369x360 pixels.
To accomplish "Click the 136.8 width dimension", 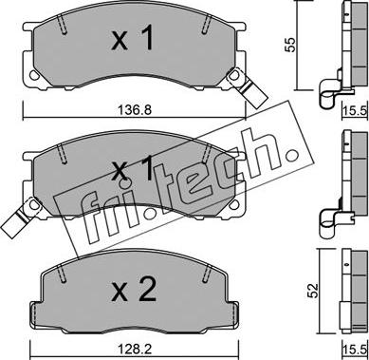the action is [135, 110].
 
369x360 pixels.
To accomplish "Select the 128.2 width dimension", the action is [135, 350].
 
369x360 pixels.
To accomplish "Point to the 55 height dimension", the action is [289, 45].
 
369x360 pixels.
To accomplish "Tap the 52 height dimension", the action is [314, 292].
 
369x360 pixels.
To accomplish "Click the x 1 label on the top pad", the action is [133, 38].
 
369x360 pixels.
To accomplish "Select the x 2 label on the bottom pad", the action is [134, 289].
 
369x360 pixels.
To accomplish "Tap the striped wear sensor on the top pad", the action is [248, 87].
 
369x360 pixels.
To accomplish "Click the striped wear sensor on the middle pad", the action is [18, 218].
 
